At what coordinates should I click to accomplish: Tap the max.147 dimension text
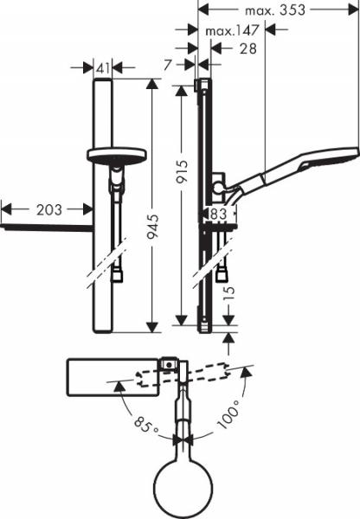tap(234, 31)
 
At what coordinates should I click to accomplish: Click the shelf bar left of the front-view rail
tap(48, 228)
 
